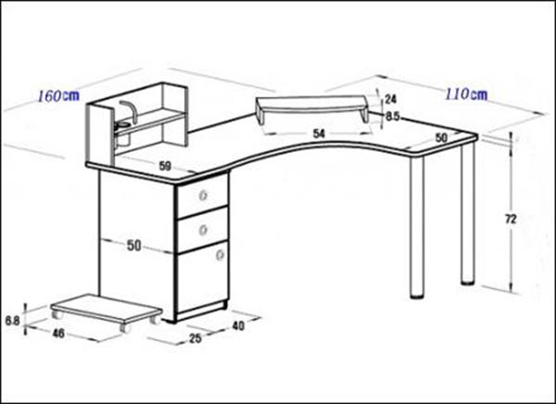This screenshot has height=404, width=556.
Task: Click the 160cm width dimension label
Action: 58,95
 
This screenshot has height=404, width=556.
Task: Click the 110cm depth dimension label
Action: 466,95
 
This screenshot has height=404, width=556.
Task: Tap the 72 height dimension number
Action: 511,220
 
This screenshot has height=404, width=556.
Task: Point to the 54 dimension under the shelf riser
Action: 319,133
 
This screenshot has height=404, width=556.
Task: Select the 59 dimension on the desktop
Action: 165,166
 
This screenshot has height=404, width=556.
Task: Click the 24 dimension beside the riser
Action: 390,99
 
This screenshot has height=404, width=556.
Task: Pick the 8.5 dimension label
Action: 393,117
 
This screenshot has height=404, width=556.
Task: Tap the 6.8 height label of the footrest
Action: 12,321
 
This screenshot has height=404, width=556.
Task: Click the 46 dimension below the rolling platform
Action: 58,333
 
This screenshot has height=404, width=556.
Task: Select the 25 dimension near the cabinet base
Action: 196,338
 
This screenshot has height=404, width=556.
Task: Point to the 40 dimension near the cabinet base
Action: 238,325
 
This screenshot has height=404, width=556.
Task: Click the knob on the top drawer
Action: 203,195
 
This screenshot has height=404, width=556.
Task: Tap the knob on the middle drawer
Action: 203,230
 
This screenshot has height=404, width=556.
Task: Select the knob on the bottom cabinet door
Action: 221,255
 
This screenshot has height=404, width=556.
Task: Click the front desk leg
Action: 417,226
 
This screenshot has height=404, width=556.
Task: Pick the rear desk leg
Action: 468,213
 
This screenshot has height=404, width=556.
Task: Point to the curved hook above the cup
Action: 129,111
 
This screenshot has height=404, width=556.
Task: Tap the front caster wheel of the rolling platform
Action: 125,328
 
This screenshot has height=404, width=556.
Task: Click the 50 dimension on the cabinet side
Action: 134,246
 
